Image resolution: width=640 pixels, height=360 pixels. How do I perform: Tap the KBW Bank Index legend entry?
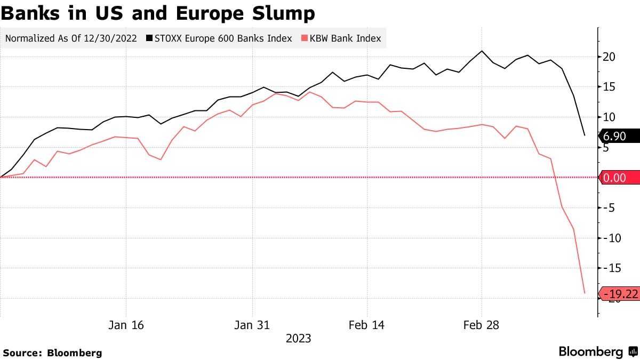341,38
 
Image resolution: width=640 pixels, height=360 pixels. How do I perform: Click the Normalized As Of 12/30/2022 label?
71,38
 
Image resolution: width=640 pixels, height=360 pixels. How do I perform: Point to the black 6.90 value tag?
619,137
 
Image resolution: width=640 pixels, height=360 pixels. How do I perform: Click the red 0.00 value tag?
619,178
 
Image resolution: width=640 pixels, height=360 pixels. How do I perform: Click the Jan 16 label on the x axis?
126,325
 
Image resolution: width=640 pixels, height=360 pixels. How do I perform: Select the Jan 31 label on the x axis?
252,325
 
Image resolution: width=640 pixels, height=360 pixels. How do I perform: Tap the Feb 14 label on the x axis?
367,325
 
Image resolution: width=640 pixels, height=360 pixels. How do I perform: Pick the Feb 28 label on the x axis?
481,325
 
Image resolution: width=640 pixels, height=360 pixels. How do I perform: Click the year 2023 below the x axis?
298,339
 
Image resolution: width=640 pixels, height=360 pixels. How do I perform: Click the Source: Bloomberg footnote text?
52,353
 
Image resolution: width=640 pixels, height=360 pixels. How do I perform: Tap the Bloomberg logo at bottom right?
597,352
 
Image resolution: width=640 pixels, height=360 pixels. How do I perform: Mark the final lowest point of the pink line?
585,293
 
